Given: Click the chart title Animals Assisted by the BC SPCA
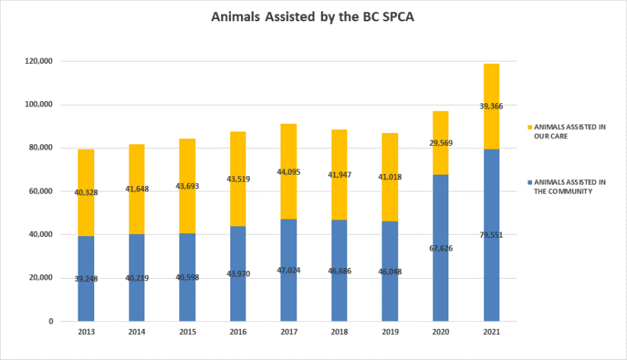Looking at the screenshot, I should click(313, 17).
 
